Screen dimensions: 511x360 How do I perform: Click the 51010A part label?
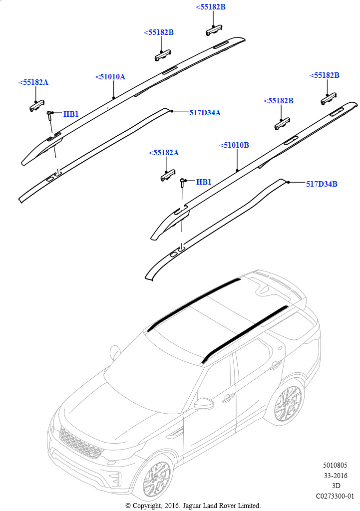(x=110, y=77)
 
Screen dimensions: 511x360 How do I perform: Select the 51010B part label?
(x=234, y=145)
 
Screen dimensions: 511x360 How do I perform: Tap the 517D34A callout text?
(x=205, y=113)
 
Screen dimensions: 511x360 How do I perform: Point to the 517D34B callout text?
(x=322, y=184)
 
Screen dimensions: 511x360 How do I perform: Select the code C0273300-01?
(x=335, y=496)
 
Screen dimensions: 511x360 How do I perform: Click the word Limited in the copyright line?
(x=248, y=506)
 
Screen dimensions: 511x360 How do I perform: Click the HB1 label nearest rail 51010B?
(x=204, y=182)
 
